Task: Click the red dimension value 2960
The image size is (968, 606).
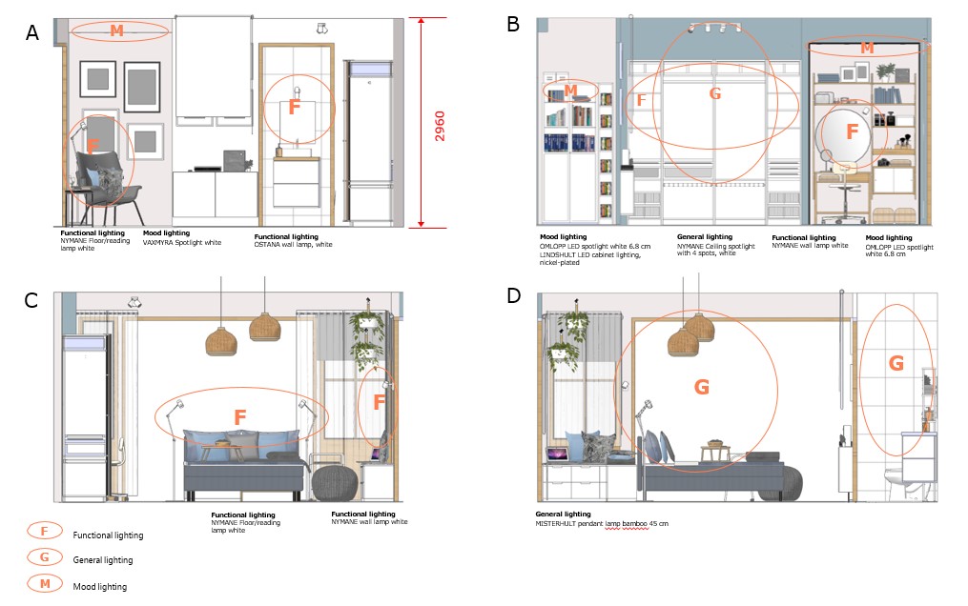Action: tap(440, 127)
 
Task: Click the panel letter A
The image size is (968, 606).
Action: tap(32, 32)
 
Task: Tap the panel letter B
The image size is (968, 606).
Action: tap(512, 24)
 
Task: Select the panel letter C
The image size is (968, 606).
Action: tap(31, 300)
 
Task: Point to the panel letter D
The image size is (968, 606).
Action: tap(514, 296)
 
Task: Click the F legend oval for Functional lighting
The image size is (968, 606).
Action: tap(45, 530)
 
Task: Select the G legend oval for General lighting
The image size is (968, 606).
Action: tap(45, 556)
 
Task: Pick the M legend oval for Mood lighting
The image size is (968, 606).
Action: tap(45, 583)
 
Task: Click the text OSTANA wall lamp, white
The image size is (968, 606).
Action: tap(293, 245)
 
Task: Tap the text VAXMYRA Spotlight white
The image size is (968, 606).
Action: tap(182, 243)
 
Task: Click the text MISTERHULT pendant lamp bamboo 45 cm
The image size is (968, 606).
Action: tap(602, 524)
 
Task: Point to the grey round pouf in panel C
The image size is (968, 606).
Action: tap(334, 483)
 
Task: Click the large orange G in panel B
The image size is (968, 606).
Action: tap(715, 93)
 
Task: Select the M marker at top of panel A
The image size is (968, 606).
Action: tap(116, 30)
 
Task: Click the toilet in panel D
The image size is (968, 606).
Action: tap(901, 484)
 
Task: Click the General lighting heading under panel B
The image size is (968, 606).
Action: tap(705, 236)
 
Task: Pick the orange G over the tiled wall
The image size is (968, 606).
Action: tap(896, 363)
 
